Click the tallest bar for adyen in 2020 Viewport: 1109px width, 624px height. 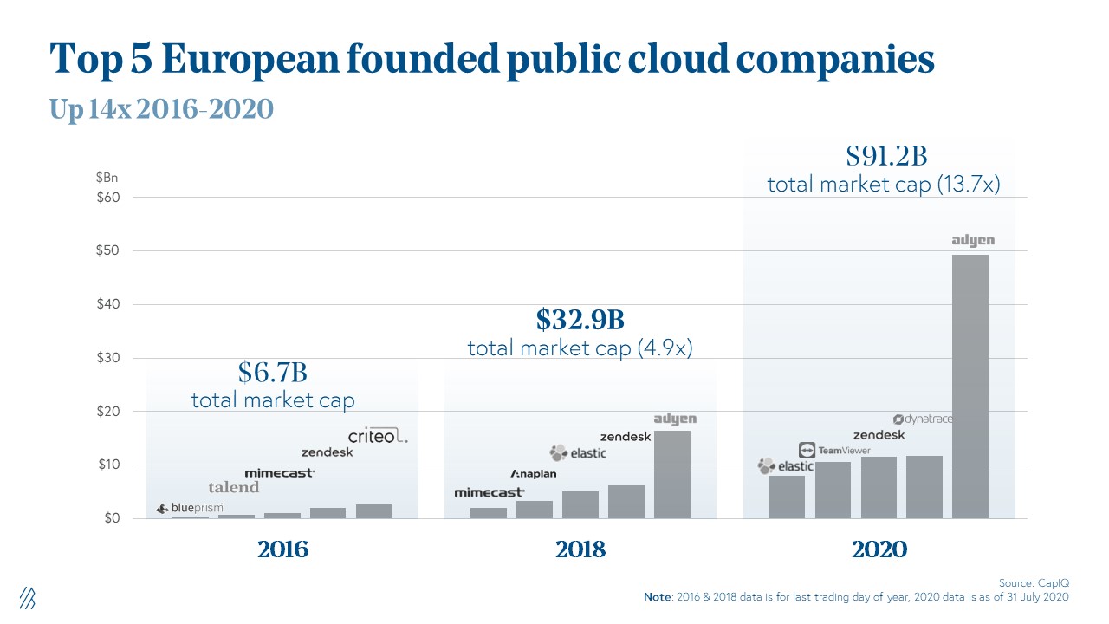(x=970, y=386)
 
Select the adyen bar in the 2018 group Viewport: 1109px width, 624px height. (x=671, y=474)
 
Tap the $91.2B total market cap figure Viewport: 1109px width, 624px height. (x=886, y=156)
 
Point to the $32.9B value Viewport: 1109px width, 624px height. (x=580, y=320)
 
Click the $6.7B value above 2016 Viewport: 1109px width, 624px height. (x=273, y=373)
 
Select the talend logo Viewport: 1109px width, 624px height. (x=233, y=487)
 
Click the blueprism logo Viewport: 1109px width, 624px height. (x=190, y=508)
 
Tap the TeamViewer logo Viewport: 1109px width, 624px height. (x=833, y=450)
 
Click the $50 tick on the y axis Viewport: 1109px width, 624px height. (x=107, y=251)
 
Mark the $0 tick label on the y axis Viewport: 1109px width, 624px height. (x=111, y=518)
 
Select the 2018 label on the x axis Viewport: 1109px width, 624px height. (x=580, y=549)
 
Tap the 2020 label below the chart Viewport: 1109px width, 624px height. (x=879, y=549)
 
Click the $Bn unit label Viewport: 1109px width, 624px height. (x=107, y=178)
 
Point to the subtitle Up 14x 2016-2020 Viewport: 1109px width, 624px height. (x=161, y=108)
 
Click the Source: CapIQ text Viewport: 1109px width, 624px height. (x=1040, y=583)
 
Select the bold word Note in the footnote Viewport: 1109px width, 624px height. (x=658, y=597)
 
